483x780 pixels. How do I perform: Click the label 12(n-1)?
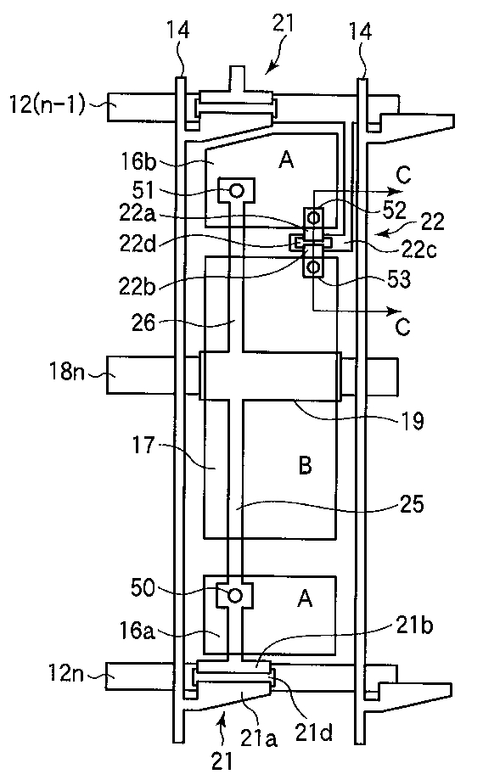point(48,104)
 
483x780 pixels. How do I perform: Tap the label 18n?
point(67,371)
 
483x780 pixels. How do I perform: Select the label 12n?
point(67,674)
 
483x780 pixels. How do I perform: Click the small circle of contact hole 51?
point(237,190)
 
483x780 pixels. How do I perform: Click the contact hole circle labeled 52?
point(313,217)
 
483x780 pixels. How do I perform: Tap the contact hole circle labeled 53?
point(313,267)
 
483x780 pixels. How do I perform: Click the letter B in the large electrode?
point(306,466)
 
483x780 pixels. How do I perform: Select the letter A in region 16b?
point(287,160)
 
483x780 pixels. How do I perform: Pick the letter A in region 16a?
point(305,598)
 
